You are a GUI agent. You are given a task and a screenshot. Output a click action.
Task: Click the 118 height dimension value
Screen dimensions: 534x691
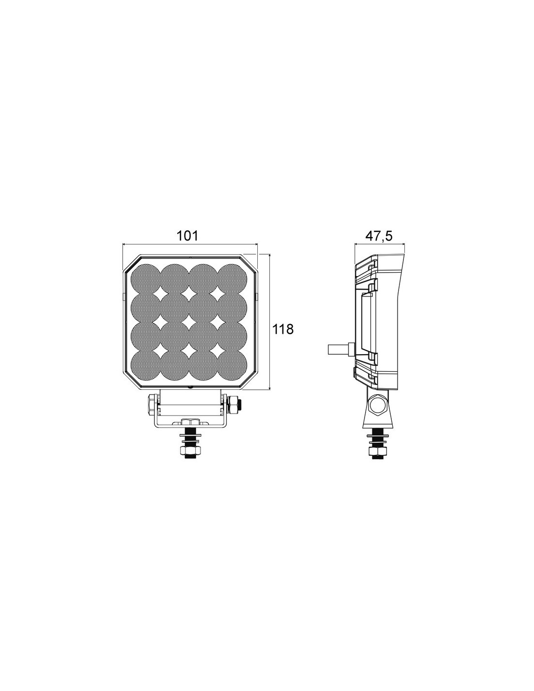(x=283, y=329)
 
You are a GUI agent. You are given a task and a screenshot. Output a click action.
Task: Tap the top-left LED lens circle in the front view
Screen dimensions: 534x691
(x=145, y=278)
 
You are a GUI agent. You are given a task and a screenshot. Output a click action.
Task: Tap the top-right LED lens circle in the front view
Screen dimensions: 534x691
(x=233, y=278)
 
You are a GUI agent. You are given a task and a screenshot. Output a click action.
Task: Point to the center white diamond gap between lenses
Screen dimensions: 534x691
(x=189, y=322)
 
